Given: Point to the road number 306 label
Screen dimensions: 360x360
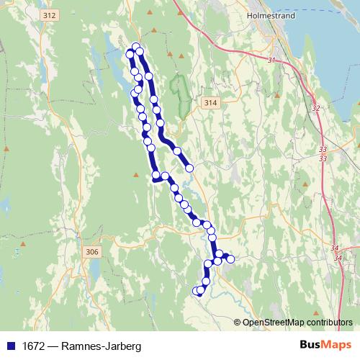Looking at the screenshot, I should (x=91, y=251).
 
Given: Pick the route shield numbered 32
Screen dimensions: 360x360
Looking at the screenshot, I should (x=315, y=108).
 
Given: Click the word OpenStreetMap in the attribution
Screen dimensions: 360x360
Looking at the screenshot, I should (x=274, y=322).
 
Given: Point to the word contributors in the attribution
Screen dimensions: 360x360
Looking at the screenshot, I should (x=329, y=322).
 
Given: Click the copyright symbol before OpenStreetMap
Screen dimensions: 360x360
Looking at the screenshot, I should (x=238, y=322).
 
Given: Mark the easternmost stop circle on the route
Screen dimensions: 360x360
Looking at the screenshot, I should (x=230, y=258).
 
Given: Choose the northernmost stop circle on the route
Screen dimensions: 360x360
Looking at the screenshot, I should (x=135, y=48).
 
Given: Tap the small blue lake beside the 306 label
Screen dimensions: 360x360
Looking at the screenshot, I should (x=94, y=270).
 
